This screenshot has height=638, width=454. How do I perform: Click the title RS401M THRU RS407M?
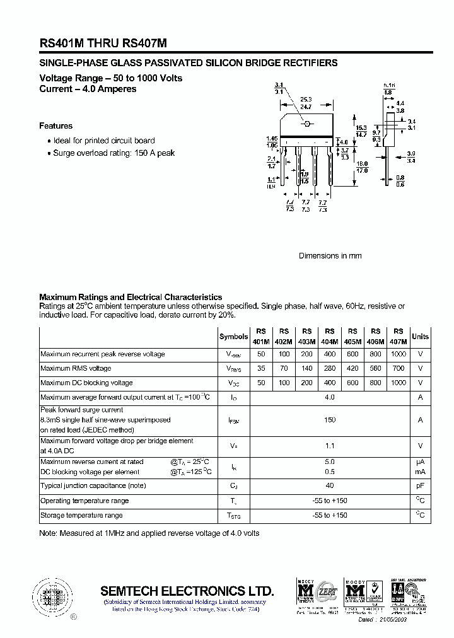pyautogui.click(x=103, y=42)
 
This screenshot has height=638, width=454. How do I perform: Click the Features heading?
pyautogui.click(x=56, y=126)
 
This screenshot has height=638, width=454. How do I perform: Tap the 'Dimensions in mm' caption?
pyautogui.click(x=330, y=256)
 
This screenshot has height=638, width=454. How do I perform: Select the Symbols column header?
pyautogui.click(x=233, y=337)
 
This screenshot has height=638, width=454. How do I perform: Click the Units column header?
pyautogui.click(x=420, y=337)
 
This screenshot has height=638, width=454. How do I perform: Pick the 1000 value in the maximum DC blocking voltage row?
pyautogui.click(x=398, y=383)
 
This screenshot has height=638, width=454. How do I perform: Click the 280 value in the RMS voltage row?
pyautogui.click(x=329, y=368)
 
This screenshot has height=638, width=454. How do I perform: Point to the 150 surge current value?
pyautogui.click(x=329, y=419)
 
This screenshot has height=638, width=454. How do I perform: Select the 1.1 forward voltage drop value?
pyautogui.click(x=329, y=445)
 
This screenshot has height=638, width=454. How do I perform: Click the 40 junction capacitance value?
pyautogui.click(x=329, y=485)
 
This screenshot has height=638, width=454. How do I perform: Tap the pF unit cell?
pyautogui.click(x=420, y=485)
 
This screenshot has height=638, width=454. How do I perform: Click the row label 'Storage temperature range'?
pyautogui.click(x=81, y=516)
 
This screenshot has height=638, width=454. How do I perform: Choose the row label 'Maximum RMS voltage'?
pyautogui.click(x=76, y=368)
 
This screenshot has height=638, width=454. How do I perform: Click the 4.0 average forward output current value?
pyautogui.click(x=329, y=397)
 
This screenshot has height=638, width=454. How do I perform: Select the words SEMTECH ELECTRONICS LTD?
pyautogui.click(x=187, y=591)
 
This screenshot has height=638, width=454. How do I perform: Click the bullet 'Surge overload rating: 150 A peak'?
pyautogui.click(x=113, y=153)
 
